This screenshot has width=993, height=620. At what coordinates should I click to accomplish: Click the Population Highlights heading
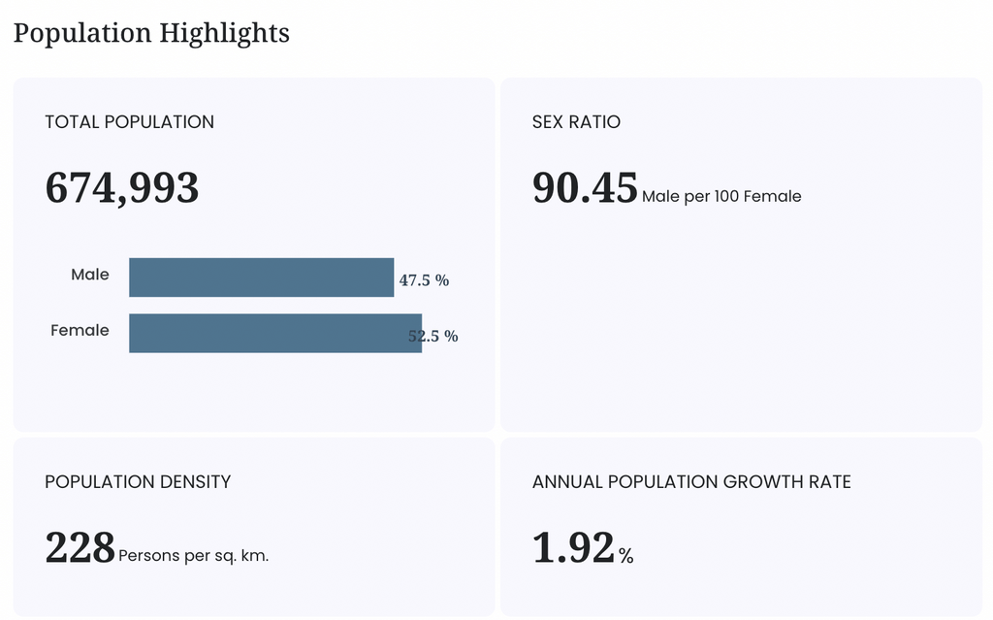[151, 34]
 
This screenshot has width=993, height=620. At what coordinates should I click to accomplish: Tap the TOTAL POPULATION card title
[129, 121]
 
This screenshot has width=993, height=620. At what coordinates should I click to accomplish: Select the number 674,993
[121, 188]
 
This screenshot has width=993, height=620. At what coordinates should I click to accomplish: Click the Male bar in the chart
[262, 277]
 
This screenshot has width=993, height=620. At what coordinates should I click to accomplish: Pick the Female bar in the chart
[275, 333]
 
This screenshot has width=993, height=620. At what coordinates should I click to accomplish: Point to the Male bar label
[90, 275]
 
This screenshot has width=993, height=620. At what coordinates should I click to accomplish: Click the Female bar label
[80, 330]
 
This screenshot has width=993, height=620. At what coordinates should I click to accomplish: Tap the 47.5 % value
[424, 280]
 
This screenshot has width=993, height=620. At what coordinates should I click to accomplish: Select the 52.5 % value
[433, 336]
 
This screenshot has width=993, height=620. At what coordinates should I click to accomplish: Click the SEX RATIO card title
[576, 121]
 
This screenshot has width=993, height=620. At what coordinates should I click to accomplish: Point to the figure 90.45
[585, 187]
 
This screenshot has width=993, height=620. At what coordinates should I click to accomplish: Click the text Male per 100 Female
[721, 197]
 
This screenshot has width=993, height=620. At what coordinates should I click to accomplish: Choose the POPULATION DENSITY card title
[138, 482]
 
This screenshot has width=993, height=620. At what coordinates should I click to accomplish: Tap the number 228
[80, 547]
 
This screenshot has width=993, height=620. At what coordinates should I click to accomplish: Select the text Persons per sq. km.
[193, 556]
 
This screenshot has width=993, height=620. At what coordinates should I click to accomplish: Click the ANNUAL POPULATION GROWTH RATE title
[691, 482]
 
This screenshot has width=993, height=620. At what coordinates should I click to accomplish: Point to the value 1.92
[574, 547]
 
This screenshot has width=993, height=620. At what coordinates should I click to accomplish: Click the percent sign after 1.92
[626, 556]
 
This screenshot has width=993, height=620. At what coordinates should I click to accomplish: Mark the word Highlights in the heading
[224, 34]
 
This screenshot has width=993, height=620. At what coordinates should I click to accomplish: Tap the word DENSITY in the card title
[195, 482]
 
